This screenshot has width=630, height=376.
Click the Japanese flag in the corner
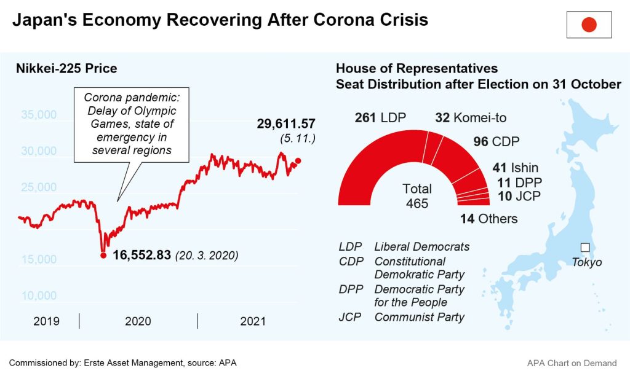(589, 25)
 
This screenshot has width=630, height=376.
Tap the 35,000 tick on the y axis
(38, 115)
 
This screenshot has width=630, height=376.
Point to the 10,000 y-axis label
(38, 296)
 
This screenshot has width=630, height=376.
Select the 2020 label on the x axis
(137, 321)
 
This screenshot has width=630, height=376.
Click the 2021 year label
(252, 321)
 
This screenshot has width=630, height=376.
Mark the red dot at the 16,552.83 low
(103, 255)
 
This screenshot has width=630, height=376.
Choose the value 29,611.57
(286, 125)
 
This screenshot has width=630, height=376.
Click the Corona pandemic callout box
(129, 126)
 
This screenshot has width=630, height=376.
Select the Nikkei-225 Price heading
(66, 68)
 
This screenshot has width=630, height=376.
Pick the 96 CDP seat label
(496, 142)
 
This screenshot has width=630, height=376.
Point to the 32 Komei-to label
(471, 118)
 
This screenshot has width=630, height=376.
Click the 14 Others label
(488, 219)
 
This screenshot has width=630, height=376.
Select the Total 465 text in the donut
(417, 196)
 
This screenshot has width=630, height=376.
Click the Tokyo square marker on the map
(584, 248)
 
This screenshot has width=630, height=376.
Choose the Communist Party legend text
(419, 318)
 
